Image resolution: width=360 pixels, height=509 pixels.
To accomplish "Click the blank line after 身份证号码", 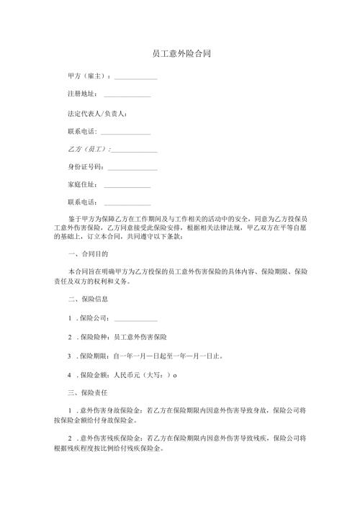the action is pyautogui.click(x=132, y=168).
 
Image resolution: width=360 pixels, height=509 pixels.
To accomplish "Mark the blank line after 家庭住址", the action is pyautogui.click(x=127, y=186).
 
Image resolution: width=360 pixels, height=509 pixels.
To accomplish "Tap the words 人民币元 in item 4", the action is pyautogui.click(x=126, y=374).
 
